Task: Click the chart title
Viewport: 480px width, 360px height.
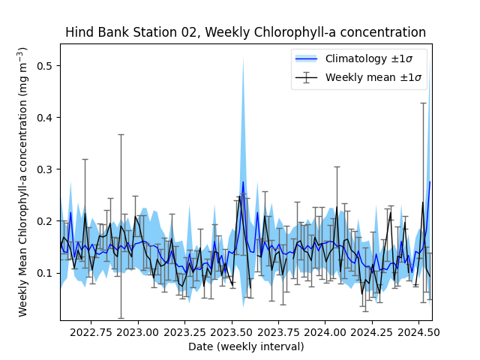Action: pyautogui.click(x=245, y=32)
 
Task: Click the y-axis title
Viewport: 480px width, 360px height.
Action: pyautogui.click(x=23, y=181)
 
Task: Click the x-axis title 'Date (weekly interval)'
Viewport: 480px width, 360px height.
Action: pyautogui.click(x=245, y=346)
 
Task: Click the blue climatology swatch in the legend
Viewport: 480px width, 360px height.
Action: pyautogui.click(x=306, y=58)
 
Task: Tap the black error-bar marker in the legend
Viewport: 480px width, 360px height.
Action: pyautogui.click(x=306, y=76)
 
